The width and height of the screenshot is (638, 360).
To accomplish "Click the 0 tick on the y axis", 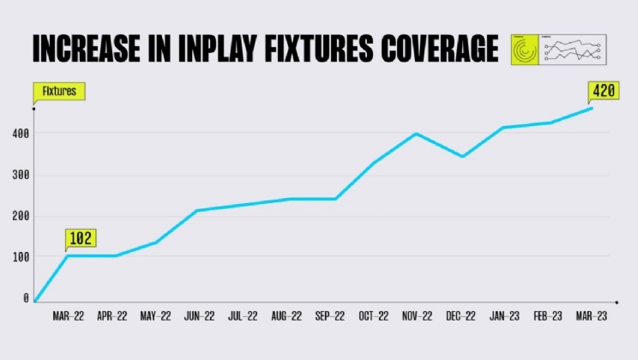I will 26,298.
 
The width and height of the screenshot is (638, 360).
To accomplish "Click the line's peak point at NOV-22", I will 416,134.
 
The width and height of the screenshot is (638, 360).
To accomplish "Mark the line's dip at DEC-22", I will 462,157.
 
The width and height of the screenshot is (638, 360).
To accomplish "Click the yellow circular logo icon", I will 525,50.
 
